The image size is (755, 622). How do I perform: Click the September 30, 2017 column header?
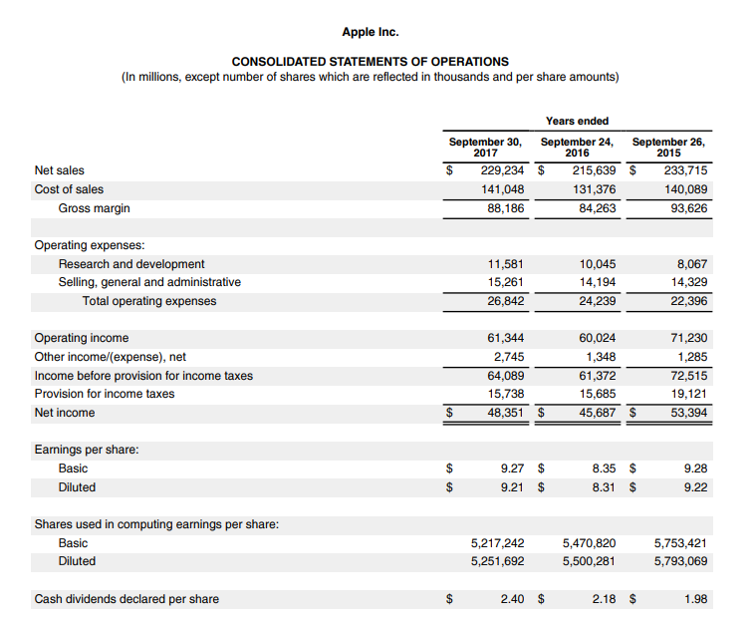pos(485,148)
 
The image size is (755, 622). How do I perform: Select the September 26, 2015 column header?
pos(668,148)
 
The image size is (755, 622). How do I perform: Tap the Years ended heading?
pos(577,122)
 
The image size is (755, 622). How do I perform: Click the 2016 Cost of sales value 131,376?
pos(594,189)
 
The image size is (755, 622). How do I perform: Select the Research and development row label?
pos(131,264)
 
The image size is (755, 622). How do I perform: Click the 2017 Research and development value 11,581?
pos(504,264)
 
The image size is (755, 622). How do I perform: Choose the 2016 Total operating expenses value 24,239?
pos(597,301)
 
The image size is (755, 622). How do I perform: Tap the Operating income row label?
pos(82,338)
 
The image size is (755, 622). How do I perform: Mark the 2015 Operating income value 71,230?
pos(687,338)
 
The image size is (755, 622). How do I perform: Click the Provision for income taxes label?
pos(105,394)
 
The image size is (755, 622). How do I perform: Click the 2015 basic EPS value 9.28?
pos(695,468)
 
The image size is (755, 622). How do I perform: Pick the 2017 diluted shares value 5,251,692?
pos(497,561)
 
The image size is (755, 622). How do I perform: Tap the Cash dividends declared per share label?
pos(126,599)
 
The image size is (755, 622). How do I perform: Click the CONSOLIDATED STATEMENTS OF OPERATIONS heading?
pos(371,62)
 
